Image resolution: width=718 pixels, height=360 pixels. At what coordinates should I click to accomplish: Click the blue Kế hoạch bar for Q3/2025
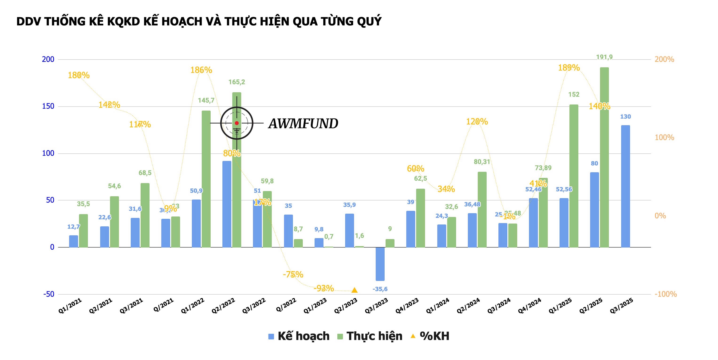click(625, 186)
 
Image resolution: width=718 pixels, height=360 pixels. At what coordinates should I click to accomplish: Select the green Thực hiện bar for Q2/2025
click(604, 157)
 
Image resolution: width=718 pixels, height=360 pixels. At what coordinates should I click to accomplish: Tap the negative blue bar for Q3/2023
click(380, 264)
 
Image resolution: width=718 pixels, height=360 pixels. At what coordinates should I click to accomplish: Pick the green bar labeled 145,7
click(206, 179)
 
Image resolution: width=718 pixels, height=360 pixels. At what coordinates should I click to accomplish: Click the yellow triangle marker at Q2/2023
click(354, 290)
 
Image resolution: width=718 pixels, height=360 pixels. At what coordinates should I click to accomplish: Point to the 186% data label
click(201, 70)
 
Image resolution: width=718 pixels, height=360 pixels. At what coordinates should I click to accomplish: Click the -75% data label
click(293, 274)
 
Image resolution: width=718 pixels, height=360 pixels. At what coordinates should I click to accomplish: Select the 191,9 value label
click(604, 57)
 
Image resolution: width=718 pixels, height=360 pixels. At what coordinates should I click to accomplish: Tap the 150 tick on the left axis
click(48, 106)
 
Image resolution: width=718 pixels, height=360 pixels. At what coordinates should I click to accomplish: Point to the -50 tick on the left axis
click(48, 294)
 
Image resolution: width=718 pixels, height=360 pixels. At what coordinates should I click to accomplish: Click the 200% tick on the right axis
click(664, 59)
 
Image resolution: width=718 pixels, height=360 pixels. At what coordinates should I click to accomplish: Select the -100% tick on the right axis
click(665, 294)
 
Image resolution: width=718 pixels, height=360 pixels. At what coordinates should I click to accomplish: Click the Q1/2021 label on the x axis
click(70, 306)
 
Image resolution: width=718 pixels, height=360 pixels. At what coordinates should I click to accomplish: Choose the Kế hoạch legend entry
click(299, 336)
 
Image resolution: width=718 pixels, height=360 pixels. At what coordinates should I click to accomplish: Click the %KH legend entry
click(430, 336)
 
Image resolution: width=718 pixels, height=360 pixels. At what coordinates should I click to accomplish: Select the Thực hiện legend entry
click(370, 336)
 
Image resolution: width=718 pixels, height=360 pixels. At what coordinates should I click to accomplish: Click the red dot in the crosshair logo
click(237, 123)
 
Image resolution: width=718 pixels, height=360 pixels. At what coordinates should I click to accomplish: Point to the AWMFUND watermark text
click(303, 124)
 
